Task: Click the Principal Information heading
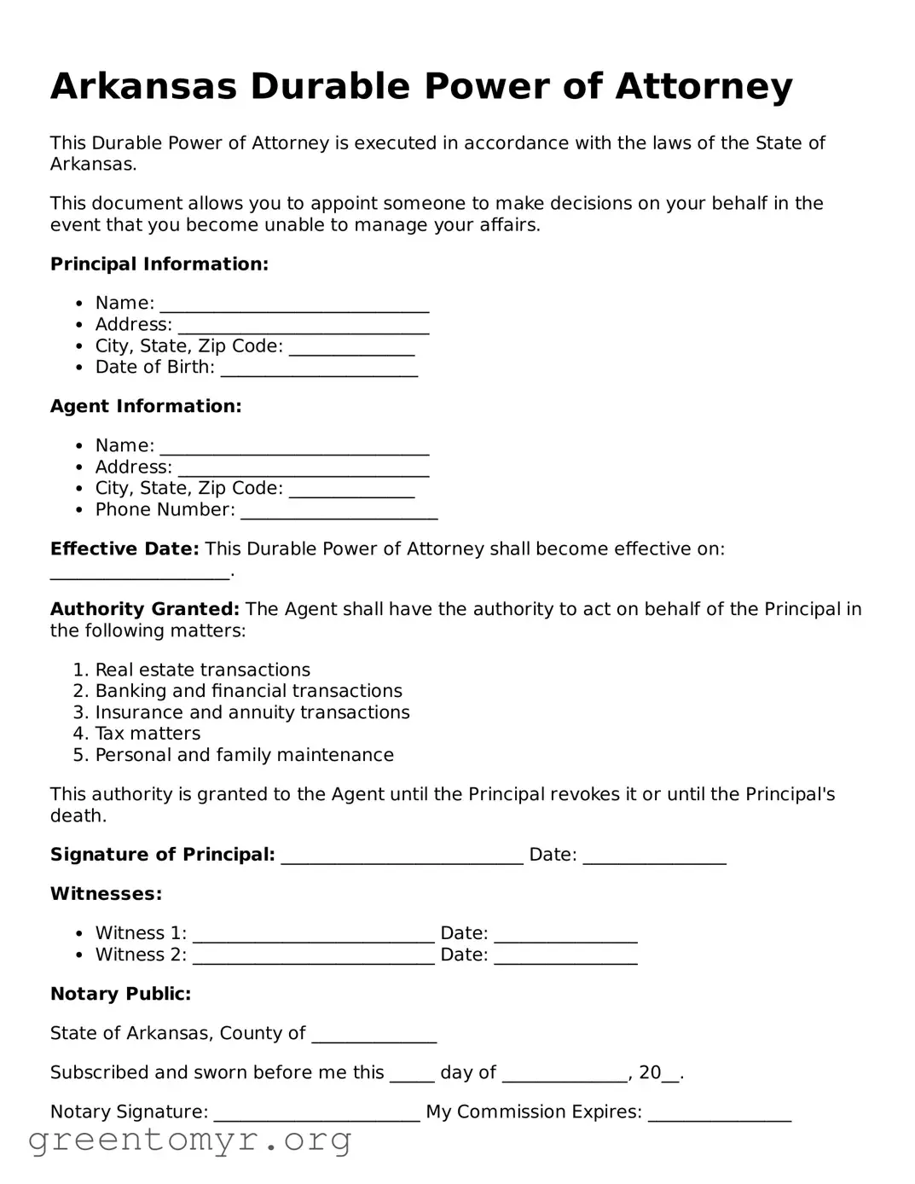coord(159,264)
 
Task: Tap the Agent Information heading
coord(146,407)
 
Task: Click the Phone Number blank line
coord(339,514)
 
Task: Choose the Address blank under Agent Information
coord(303,471)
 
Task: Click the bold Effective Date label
coord(124,549)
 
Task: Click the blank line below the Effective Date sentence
coord(140,574)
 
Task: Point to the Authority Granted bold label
coord(144,610)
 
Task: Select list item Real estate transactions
coord(202,670)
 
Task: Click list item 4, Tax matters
coord(148,734)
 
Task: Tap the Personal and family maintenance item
coord(244,756)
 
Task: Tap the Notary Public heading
coord(120,995)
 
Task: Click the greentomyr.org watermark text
coord(189,1140)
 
